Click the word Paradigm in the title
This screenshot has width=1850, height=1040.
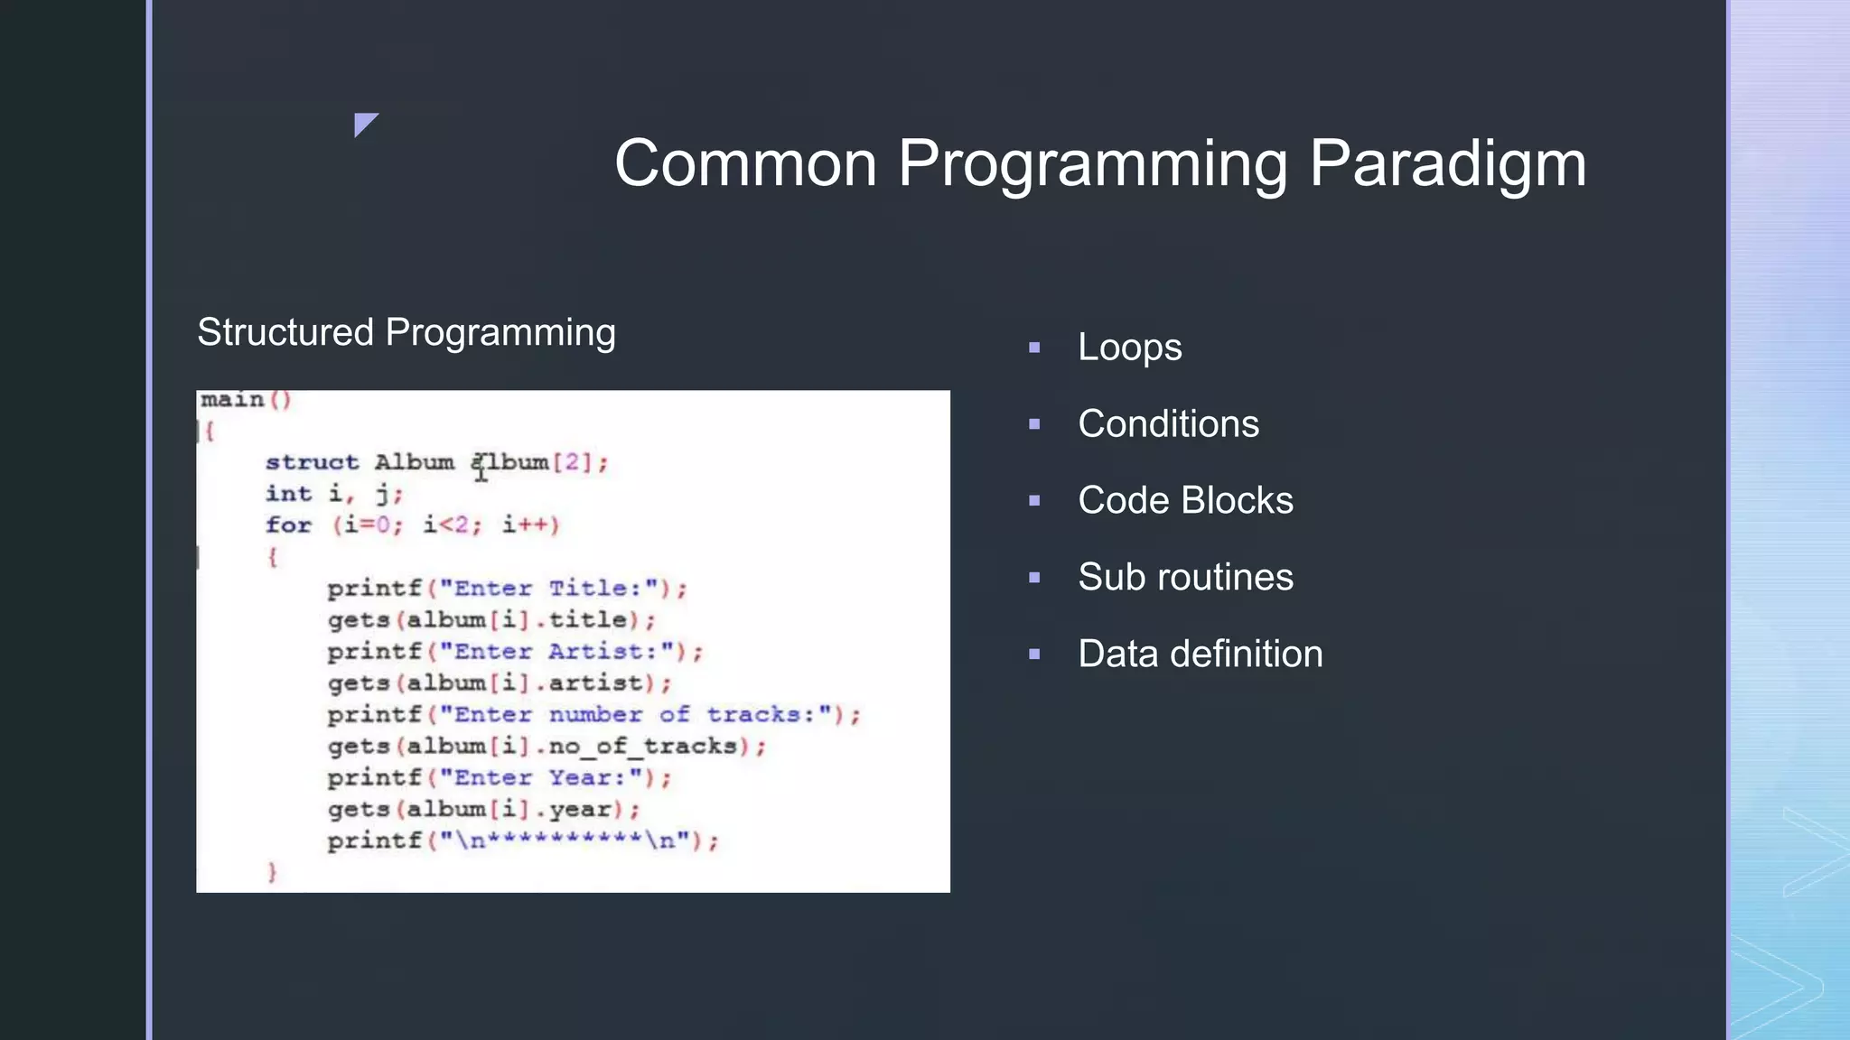pos(1447,164)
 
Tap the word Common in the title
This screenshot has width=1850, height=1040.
pos(745,164)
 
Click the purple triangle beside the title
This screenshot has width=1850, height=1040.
pos(364,123)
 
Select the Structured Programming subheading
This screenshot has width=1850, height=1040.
pos(406,332)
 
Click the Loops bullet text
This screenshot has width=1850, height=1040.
pos(1129,348)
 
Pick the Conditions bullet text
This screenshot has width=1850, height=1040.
pos(1168,424)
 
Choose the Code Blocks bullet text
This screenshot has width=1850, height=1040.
pos(1185,501)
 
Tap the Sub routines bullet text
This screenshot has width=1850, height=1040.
pos(1185,578)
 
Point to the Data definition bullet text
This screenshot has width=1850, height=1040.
pos(1200,655)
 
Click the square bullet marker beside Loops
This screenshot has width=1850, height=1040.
pos(1034,348)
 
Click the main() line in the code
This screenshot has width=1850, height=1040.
pos(245,400)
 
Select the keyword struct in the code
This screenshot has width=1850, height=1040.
pos(312,462)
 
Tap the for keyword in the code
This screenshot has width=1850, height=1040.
pos(288,525)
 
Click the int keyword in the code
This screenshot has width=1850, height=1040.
pos(288,494)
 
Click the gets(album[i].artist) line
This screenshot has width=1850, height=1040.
pos(499,683)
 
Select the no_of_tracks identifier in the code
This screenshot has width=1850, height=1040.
pos(642,747)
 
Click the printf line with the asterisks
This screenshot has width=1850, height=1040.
pos(522,841)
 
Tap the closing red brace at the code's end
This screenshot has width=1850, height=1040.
pos(272,872)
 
